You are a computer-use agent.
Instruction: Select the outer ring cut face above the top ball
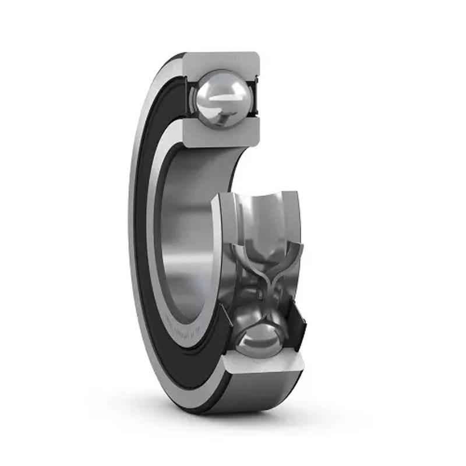(x=221, y=61)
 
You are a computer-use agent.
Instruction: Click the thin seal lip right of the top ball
(x=254, y=93)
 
